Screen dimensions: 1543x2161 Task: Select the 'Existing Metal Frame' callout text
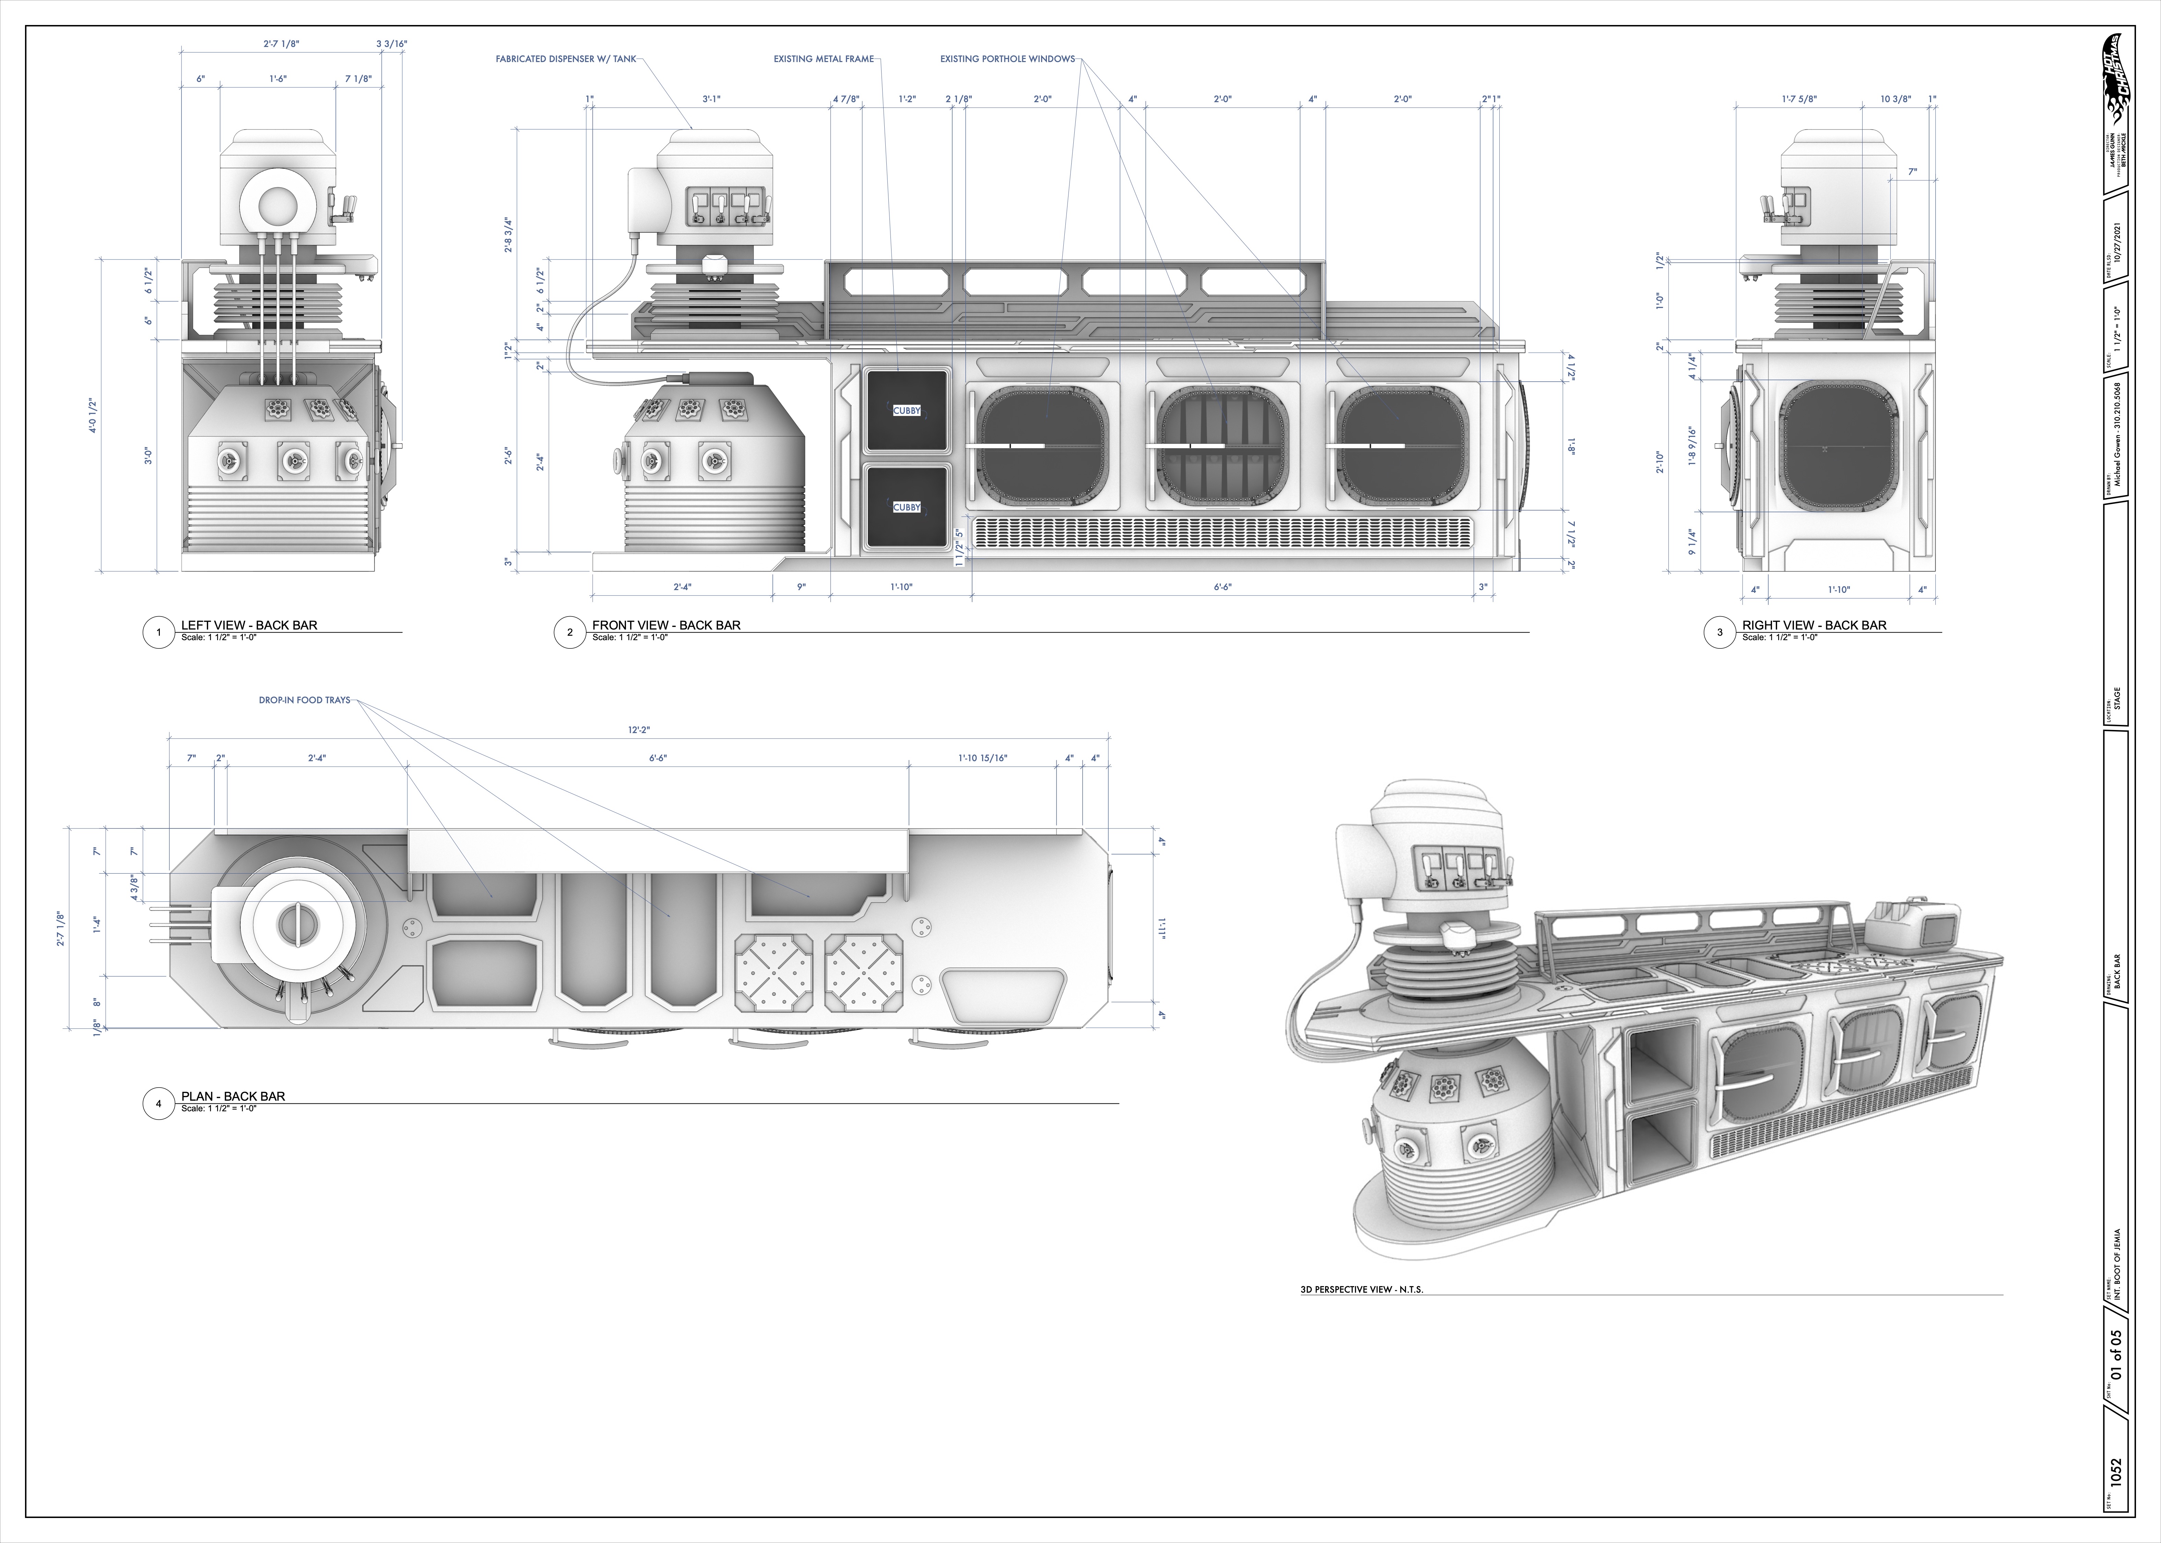tap(823, 59)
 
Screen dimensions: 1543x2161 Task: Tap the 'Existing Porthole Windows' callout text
tap(1007, 59)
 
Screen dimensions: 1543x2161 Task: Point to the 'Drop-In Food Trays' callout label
tap(304, 700)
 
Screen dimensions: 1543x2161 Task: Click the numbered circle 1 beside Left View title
tap(158, 632)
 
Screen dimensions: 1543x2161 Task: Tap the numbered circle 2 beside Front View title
tap(569, 632)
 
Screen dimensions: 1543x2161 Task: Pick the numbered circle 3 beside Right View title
tap(1719, 632)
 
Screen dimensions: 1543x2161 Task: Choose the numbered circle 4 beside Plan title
tap(158, 1103)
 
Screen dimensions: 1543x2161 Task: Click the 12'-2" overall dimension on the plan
tap(639, 730)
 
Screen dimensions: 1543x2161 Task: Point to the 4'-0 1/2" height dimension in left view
tap(93, 415)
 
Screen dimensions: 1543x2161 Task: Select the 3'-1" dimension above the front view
tap(711, 99)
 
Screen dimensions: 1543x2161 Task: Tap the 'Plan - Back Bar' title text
tap(233, 1096)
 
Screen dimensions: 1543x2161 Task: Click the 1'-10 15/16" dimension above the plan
tap(982, 758)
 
